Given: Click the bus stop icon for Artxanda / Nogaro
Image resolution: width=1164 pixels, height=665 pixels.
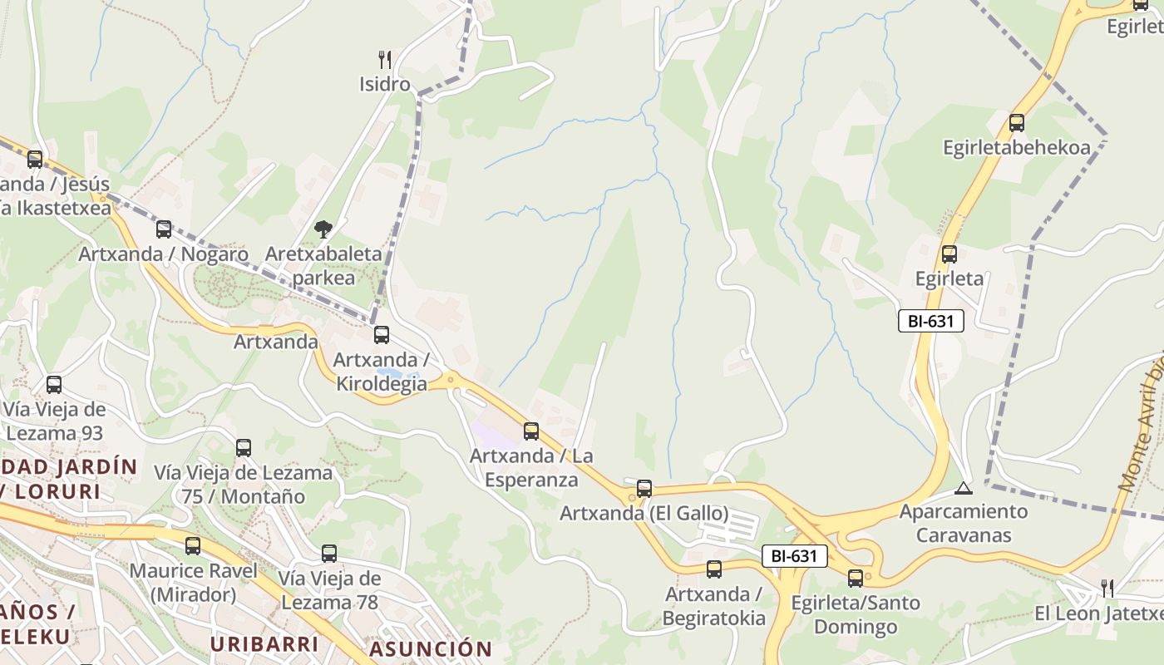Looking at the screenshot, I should click(x=164, y=229).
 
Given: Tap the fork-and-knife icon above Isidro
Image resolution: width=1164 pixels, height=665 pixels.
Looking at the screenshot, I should click(x=384, y=60).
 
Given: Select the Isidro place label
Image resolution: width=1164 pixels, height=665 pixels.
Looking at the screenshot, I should click(x=384, y=84).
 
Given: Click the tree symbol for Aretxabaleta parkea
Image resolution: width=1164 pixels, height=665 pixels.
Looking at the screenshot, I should click(x=323, y=229).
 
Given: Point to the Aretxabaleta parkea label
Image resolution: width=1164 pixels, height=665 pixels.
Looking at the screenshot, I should click(x=323, y=266).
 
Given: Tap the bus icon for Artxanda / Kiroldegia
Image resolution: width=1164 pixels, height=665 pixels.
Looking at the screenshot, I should click(x=381, y=335).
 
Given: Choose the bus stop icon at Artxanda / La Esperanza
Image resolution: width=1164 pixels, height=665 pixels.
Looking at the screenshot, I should click(x=530, y=431).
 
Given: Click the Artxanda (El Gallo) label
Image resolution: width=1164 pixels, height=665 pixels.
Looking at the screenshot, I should click(x=644, y=513).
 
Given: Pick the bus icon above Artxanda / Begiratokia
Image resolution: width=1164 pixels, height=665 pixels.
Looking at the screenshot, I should click(x=713, y=569).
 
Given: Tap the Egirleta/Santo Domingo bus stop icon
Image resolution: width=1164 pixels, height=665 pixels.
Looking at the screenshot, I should click(x=856, y=579).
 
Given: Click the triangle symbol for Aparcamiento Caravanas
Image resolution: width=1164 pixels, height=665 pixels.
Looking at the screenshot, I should click(x=964, y=488).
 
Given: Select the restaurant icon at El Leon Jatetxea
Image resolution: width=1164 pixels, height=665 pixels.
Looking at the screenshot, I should click(x=1107, y=589).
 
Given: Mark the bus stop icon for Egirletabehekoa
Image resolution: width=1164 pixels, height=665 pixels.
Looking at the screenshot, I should click(x=1016, y=123).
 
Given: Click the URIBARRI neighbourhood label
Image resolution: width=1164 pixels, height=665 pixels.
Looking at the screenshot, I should click(x=264, y=644).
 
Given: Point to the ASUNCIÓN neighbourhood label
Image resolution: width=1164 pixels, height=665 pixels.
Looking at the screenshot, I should click(x=431, y=648).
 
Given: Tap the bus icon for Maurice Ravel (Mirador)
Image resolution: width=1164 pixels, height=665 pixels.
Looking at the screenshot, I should click(x=193, y=546).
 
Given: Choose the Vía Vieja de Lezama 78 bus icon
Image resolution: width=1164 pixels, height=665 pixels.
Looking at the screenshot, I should click(x=329, y=553).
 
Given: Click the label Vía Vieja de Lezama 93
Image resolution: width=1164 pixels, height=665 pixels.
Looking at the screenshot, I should click(x=55, y=421).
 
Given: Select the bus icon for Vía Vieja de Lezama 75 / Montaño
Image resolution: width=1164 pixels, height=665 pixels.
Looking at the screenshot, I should click(x=243, y=448).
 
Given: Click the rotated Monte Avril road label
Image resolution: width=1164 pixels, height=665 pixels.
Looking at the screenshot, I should click(x=1144, y=424).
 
